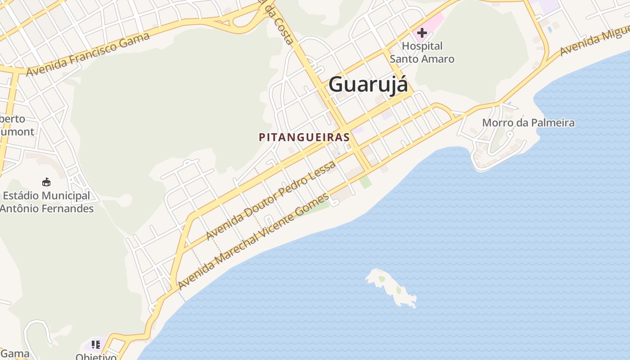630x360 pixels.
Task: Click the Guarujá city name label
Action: pyautogui.click(x=369, y=85)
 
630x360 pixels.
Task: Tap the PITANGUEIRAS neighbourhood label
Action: pyautogui.click(x=304, y=138)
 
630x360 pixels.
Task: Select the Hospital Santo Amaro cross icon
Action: pyautogui.click(x=422, y=32)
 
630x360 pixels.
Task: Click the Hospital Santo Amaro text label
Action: pyautogui.click(x=422, y=52)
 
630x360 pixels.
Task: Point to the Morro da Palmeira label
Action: pyautogui.click(x=528, y=122)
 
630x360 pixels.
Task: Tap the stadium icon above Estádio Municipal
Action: pyautogui.click(x=46, y=182)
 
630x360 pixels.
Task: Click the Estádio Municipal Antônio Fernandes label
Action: pyautogui.click(x=47, y=202)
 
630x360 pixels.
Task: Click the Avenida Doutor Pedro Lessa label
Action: pyautogui.click(x=271, y=200)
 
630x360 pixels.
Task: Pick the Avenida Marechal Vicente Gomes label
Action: pyautogui.click(x=253, y=242)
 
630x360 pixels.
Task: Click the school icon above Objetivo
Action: pyautogui.click(x=95, y=345)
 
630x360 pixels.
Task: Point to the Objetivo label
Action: pyautogui.click(x=96, y=356)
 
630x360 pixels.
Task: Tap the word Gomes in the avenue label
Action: pyautogui.click(x=315, y=205)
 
